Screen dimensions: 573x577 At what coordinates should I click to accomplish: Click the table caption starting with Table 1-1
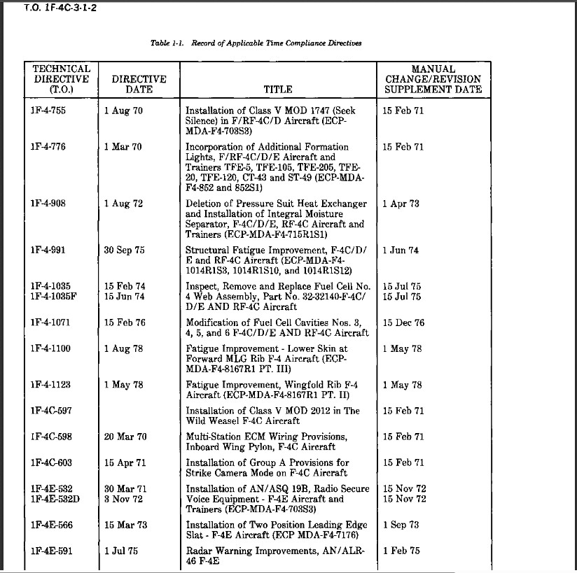point(256,43)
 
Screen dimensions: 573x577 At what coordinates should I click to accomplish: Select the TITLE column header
point(278,90)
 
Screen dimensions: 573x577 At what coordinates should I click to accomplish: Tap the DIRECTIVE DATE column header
point(139,84)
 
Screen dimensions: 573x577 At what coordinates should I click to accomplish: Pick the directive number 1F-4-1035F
point(55,297)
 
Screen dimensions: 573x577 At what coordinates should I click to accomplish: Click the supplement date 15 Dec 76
point(403,323)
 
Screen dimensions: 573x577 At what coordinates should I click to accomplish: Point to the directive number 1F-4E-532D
point(56,499)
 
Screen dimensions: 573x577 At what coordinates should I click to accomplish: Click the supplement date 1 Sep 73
point(401,525)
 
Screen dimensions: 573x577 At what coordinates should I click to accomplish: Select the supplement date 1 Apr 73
point(401,204)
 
